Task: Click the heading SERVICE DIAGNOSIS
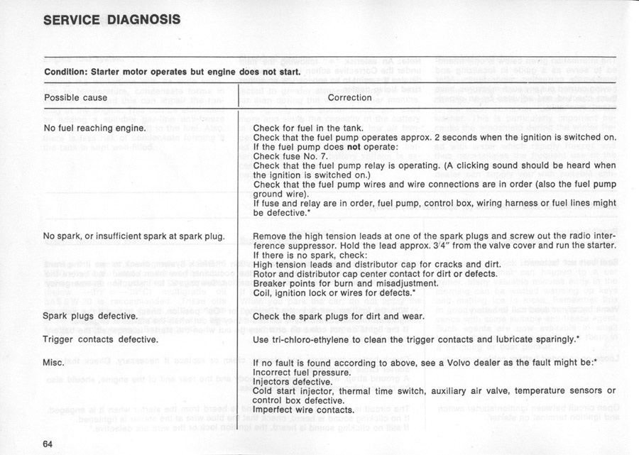click(112, 19)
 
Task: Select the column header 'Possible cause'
click(76, 98)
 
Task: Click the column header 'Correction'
click(350, 98)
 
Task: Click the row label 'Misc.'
click(55, 363)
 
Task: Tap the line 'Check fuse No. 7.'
click(291, 156)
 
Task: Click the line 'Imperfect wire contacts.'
click(303, 410)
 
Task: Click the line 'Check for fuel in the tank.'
click(308, 128)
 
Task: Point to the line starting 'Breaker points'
click(334, 283)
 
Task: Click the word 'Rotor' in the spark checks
click(266, 273)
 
